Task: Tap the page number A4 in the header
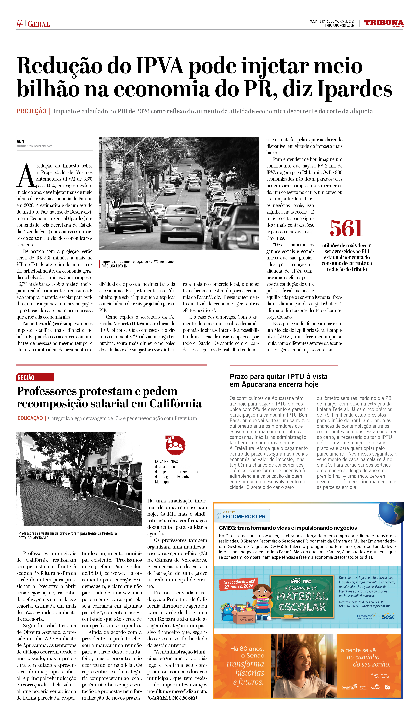point(20,24)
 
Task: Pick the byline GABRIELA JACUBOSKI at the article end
point(172,698)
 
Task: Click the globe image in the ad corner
point(391,512)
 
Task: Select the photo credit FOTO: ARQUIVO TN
point(114,266)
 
